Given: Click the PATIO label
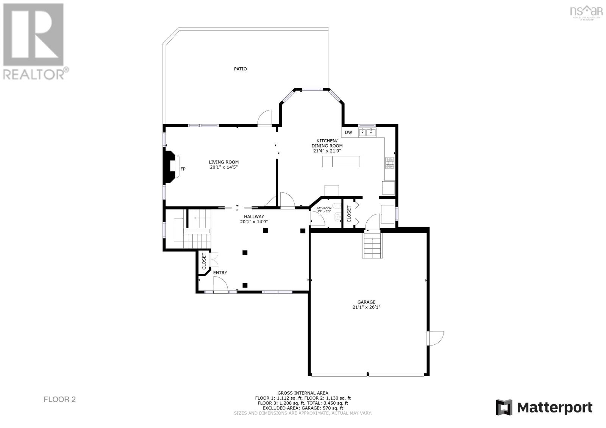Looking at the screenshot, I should click(241, 69).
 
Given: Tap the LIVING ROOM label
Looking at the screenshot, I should click(223, 162).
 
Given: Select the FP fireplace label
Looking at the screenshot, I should click(183, 169).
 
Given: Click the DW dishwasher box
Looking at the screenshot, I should click(348, 132).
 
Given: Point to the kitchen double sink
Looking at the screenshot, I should click(367, 132).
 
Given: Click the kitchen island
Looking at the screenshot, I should click(341, 162).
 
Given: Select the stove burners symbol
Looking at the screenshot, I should click(390, 163).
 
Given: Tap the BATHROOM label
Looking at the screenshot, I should click(324, 208).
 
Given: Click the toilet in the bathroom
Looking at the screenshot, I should click(337, 217).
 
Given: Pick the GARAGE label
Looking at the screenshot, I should click(366, 302).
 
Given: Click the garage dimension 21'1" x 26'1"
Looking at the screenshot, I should click(366, 307).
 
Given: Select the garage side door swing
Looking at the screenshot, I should click(436, 338).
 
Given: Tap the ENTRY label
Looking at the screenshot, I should click(220, 273).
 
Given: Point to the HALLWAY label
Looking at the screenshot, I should click(254, 216).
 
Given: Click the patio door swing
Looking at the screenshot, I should click(265, 117).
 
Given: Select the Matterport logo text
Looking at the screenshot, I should click(554, 408).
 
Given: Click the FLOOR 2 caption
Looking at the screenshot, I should click(60, 399).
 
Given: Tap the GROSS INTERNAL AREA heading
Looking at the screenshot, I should click(303, 393).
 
